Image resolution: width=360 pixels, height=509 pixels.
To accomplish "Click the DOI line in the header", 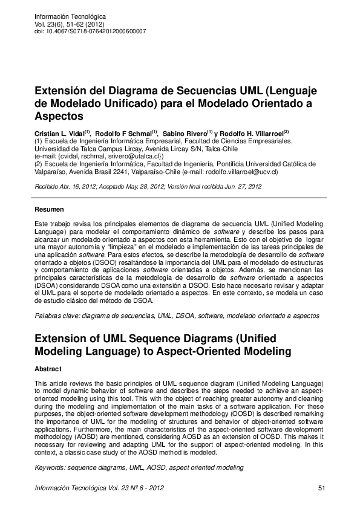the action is pos(90,31).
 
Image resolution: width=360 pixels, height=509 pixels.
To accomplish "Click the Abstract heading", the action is pos(48,369).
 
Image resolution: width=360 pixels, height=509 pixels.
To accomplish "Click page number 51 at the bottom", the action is pos(321,487).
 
